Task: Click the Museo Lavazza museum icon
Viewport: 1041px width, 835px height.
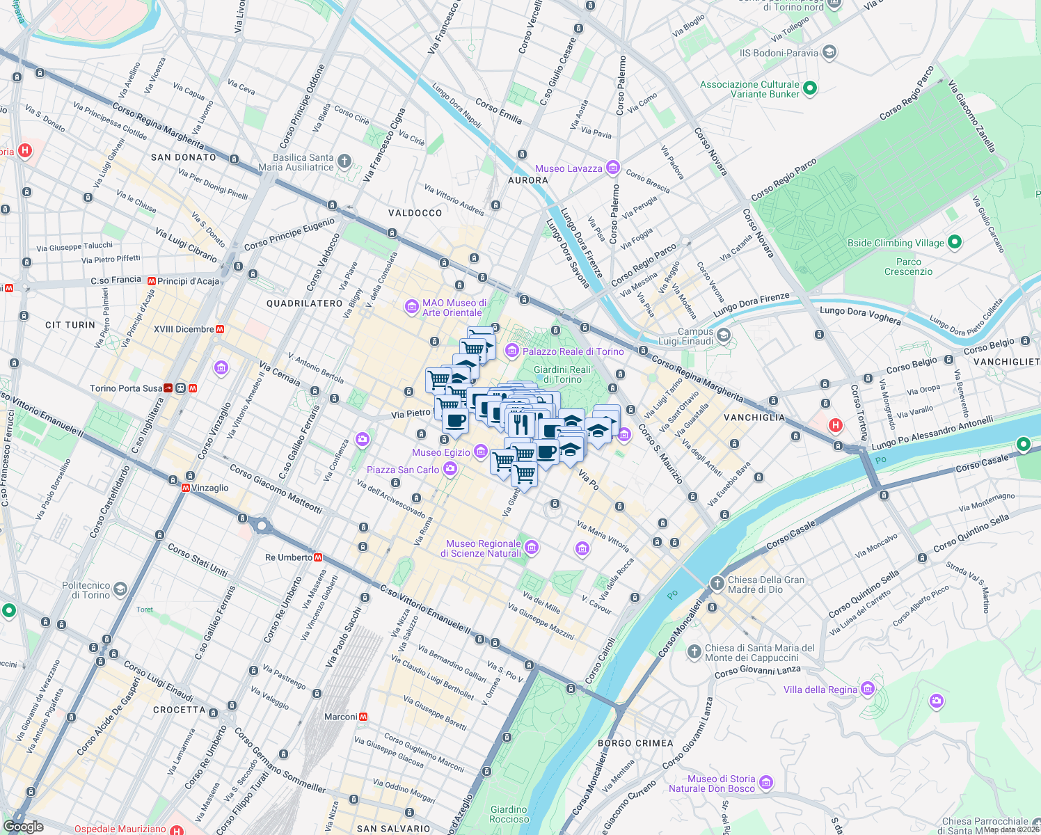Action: tap(612, 167)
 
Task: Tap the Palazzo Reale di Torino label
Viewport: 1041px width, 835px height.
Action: tap(573, 351)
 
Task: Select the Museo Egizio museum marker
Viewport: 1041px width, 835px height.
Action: tap(480, 452)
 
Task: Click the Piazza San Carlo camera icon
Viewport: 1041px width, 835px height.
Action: tap(450, 469)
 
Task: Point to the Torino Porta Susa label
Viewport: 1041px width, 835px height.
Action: tap(126, 388)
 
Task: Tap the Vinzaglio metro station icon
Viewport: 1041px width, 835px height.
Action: tap(186, 488)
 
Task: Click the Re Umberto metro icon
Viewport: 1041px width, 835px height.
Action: tap(318, 557)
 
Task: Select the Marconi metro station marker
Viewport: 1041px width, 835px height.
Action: tap(363, 717)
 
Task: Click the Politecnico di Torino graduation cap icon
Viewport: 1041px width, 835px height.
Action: tap(120, 590)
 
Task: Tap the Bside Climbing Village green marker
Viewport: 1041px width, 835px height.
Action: tap(955, 242)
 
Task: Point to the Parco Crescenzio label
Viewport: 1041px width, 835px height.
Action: tap(908, 267)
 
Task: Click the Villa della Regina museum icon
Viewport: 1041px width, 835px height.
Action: tap(867, 689)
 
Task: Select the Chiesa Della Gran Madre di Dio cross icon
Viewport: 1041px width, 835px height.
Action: tap(717, 583)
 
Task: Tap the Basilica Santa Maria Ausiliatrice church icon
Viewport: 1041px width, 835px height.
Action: tap(344, 161)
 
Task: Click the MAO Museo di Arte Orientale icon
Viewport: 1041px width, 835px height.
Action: tap(412, 306)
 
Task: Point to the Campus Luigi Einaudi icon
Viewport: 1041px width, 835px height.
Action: tap(724, 336)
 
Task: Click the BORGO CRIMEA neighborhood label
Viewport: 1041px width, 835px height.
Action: tap(635, 743)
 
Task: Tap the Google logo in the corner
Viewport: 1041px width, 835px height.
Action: tap(24, 827)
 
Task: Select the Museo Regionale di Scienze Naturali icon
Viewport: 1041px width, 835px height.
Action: tap(532, 548)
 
